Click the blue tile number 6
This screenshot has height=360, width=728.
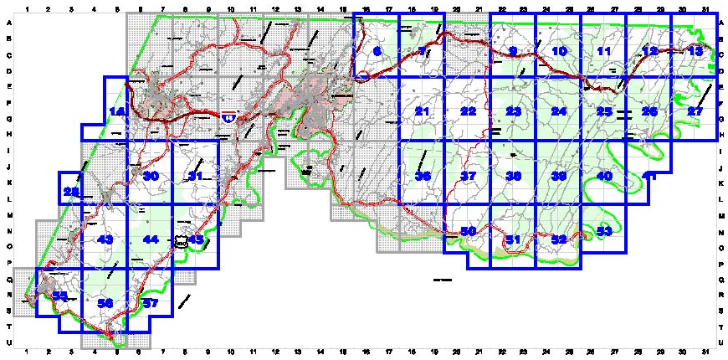[377, 52]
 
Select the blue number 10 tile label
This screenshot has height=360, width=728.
[560, 52]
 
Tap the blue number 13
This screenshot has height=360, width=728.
[695, 52]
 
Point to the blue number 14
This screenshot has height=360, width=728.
[117, 112]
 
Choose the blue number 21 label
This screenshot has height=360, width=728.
[422, 112]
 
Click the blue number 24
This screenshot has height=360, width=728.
[559, 112]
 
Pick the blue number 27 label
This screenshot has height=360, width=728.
[695, 112]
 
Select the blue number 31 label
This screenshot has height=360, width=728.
[196, 176]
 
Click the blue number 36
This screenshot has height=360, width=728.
[422, 176]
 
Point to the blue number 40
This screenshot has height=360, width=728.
[604, 176]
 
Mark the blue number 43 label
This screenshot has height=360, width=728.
[105, 240]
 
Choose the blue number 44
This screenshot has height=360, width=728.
[151, 240]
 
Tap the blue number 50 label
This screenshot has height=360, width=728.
[468, 231]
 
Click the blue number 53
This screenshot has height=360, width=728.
[604, 231]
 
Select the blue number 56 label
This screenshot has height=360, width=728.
[105, 303]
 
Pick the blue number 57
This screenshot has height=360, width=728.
[151, 303]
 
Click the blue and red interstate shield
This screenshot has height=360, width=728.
[228, 119]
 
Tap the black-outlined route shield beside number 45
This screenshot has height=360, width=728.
[180, 240]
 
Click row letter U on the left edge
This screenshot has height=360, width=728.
[8, 342]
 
